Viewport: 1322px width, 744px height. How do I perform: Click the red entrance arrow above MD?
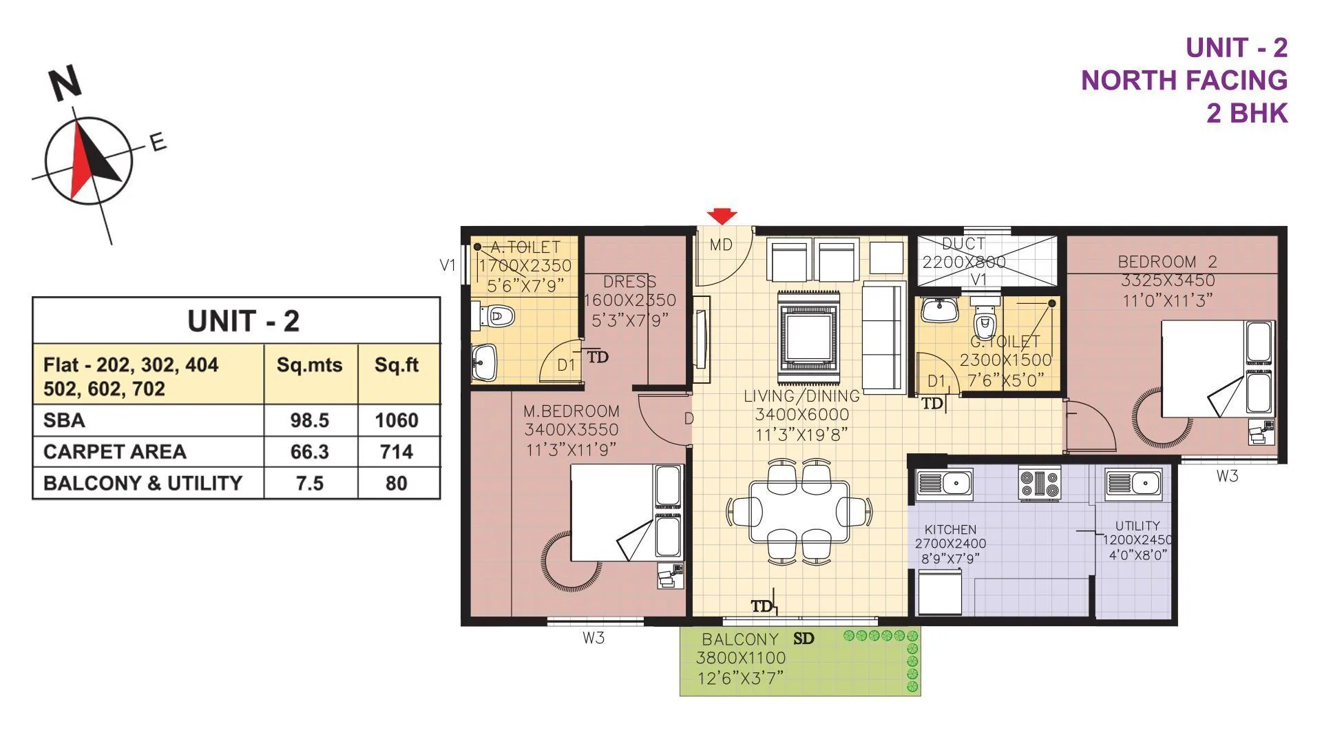[x=721, y=216]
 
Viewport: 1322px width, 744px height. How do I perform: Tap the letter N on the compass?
[x=65, y=83]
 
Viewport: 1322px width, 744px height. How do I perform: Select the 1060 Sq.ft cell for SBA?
[x=397, y=420]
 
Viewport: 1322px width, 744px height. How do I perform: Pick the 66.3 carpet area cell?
[x=309, y=452]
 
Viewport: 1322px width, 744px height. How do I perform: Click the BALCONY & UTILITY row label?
[x=143, y=483]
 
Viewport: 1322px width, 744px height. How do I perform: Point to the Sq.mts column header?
[x=309, y=365]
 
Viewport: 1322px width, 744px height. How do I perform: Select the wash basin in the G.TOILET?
[x=939, y=310]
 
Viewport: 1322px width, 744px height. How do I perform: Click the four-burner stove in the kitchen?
[x=1039, y=483]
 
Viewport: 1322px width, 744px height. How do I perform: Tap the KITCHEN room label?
[x=950, y=530]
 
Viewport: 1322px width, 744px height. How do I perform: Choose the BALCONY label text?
[x=740, y=639]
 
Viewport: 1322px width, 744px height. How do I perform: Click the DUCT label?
[x=963, y=244]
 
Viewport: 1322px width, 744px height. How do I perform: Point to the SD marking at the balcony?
[x=804, y=639]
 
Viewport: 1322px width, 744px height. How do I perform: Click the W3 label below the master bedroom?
[x=594, y=638]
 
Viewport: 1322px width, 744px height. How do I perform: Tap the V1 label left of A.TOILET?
[x=448, y=265]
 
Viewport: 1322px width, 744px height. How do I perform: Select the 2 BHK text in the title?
[x=1246, y=113]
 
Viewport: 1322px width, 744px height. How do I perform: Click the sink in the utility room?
[x=1133, y=483]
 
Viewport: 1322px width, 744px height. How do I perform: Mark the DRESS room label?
[x=629, y=282]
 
